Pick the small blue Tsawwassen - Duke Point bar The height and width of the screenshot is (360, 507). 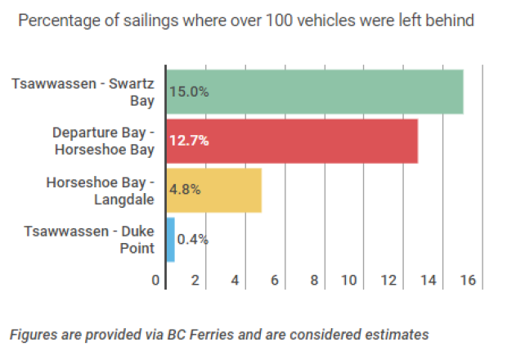170,239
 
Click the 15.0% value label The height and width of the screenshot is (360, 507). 189,92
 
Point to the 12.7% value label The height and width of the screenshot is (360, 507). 189,141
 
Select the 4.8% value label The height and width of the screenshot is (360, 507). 185,190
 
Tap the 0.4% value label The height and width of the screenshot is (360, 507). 193,240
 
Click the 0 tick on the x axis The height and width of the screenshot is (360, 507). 155,281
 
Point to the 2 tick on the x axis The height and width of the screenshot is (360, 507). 195,281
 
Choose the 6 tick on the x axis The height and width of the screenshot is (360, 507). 275,281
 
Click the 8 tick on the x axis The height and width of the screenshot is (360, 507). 314,281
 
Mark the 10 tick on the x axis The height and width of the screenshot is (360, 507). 350,281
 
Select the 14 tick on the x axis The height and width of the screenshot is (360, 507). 428,281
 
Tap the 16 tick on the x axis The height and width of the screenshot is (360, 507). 468,281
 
